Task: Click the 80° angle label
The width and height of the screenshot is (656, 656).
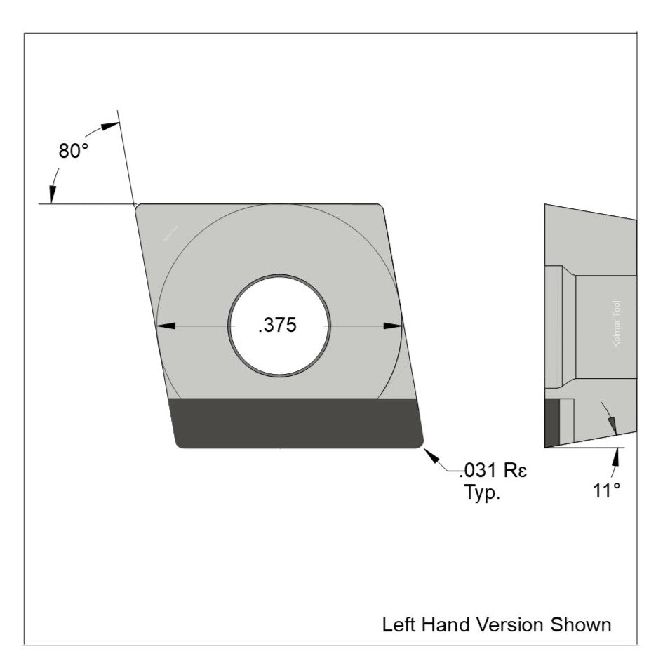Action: [x=73, y=151]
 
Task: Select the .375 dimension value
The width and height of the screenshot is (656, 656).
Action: [x=278, y=326]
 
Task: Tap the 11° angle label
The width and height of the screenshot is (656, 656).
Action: [x=606, y=490]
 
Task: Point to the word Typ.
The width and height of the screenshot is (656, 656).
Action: [x=482, y=492]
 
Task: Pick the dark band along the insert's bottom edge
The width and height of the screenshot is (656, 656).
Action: [x=298, y=422]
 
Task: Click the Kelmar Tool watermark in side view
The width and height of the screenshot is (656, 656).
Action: [x=616, y=324]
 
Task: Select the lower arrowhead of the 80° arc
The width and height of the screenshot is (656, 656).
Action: [x=53, y=194]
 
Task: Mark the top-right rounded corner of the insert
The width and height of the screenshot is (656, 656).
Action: [x=380, y=208]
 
